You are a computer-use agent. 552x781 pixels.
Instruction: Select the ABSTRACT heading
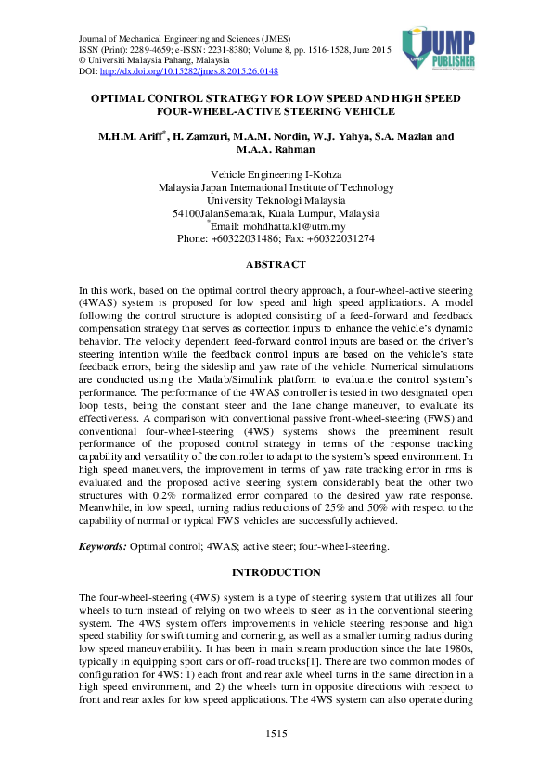point(276,264)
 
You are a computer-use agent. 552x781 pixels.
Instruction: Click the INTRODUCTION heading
point(276,572)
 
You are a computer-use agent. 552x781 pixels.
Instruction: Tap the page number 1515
point(276,735)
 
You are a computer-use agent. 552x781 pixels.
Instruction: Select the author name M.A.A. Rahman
point(276,149)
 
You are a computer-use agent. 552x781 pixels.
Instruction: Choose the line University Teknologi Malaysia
point(276,200)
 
